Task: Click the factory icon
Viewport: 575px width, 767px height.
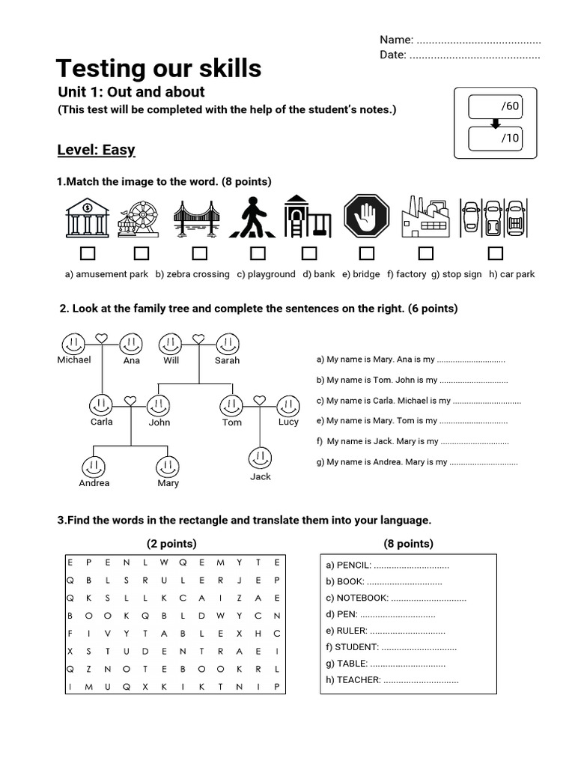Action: click(x=425, y=218)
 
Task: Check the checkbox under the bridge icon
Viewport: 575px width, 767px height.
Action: click(x=199, y=254)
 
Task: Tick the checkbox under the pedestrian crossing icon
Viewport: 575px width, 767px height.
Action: click(x=258, y=254)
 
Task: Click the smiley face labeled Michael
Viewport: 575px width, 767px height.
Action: click(x=73, y=344)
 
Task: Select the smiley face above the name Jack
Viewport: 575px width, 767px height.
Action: click(x=261, y=458)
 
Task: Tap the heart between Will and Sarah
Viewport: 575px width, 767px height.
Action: click(x=198, y=339)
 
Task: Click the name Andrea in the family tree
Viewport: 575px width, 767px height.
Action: click(x=94, y=483)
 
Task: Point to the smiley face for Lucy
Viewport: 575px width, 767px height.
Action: click(x=288, y=406)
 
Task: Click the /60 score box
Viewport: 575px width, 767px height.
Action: click(x=495, y=106)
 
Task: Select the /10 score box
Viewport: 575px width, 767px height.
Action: click(x=495, y=138)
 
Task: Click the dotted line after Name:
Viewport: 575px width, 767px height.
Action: click(x=478, y=40)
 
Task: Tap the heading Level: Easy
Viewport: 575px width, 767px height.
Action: click(x=96, y=150)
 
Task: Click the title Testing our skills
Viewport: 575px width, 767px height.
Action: click(x=159, y=69)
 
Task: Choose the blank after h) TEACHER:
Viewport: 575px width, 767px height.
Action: click(x=421, y=680)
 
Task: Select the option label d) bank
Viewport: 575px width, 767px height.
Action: click(x=319, y=274)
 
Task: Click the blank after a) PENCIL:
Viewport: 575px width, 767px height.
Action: click(x=411, y=566)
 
